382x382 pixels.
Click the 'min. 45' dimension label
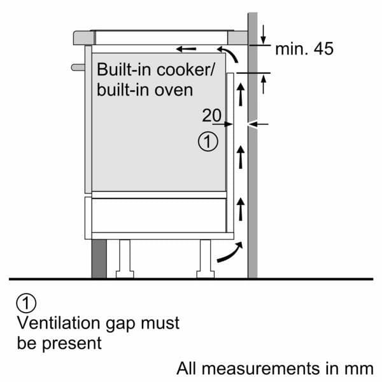point(304,48)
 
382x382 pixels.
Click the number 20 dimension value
point(211,115)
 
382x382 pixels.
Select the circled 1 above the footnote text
point(25,302)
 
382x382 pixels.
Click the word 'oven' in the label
point(174,89)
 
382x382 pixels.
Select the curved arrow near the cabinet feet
point(229,253)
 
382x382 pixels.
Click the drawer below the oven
point(159,215)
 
